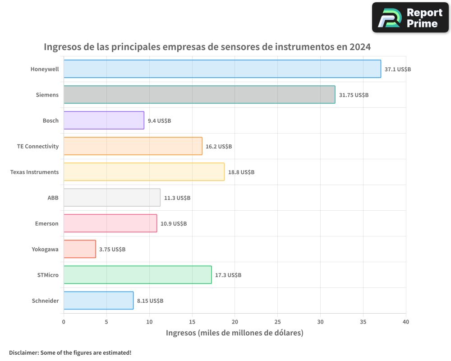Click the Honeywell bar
(222, 69)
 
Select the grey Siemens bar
(199, 95)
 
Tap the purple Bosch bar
(104, 120)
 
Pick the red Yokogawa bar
(79, 249)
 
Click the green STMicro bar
(138, 275)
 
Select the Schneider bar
(98, 301)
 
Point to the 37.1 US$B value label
(397, 69)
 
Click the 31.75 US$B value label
(354, 95)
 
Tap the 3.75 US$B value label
(112, 250)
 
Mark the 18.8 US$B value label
(241, 172)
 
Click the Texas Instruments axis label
(34, 172)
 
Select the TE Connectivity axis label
(38, 146)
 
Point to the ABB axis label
(53, 198)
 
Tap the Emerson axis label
(46, 223)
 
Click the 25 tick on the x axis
(277, 322)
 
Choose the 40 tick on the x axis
(405, 322)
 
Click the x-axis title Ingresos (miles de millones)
(235, 333)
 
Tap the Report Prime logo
(410, 18)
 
